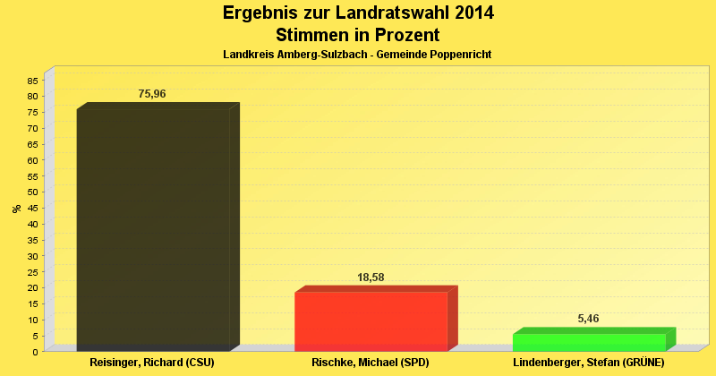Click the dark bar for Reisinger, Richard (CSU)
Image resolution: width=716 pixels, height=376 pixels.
[x=153, y=228]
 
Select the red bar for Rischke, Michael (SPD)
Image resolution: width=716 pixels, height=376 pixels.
[x=371, y=320]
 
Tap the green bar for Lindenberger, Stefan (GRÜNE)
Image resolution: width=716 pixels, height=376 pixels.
[x=589, y=342]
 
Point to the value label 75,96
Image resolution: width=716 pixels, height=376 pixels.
[x=152, y=94]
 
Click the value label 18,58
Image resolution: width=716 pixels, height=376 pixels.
[x=371, y=278]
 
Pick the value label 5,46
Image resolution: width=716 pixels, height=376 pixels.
[x=589, y=319]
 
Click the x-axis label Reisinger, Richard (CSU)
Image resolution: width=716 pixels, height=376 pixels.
[x=153, y=363]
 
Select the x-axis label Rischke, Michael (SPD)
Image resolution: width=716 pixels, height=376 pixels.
[x=371, y=363]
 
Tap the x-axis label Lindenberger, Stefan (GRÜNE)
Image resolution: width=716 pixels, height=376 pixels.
[x=589, y=363]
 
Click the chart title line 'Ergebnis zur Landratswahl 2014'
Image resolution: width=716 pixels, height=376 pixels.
[x=358, y=13]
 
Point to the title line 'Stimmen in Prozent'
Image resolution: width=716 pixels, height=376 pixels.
[x=358, y=35]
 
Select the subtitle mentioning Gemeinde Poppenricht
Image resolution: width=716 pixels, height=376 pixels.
[x=358, y=55]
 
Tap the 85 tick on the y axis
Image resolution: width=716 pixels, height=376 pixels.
[x=32, y=81]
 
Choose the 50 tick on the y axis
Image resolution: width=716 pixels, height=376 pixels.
[x=32, y=192]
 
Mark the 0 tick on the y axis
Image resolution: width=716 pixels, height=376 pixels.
[x=35, y=352]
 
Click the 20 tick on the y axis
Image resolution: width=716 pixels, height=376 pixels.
[x=32, y=288]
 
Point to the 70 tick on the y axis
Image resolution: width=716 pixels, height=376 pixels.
[x=32, y=129]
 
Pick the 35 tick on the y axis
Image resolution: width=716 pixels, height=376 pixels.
[x=32, y=240]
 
